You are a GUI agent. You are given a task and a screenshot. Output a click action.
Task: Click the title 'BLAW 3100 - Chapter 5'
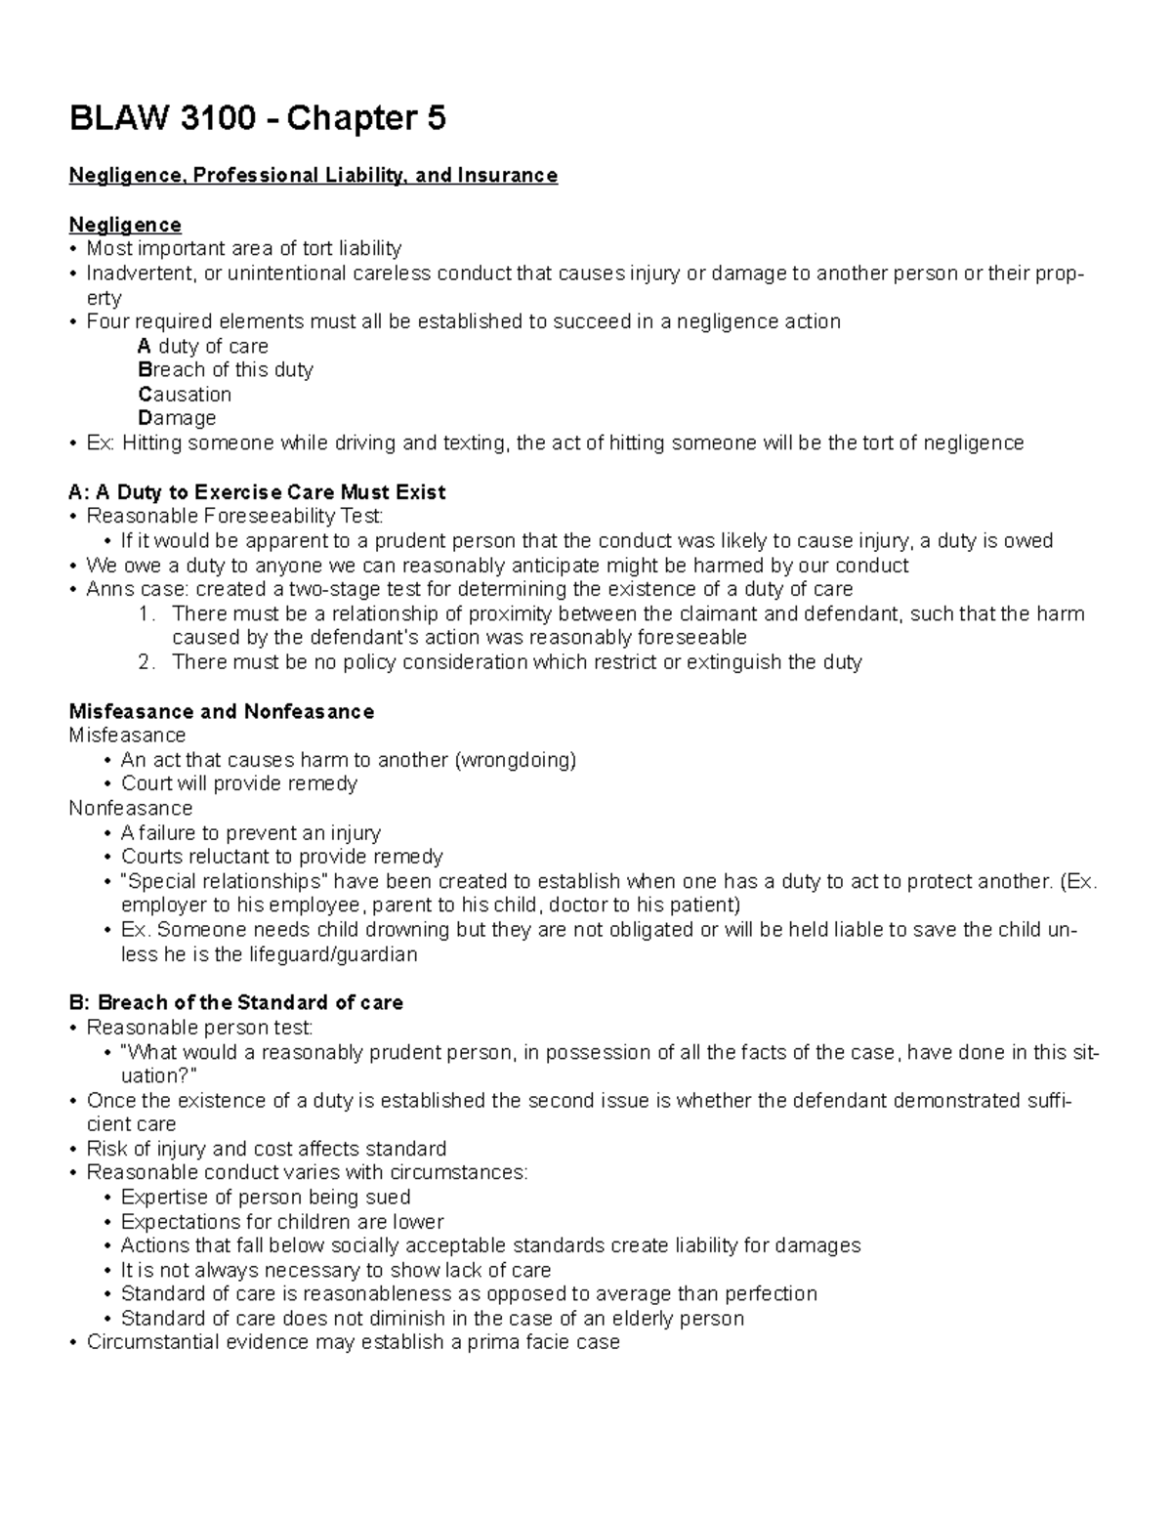[x=257, y=119]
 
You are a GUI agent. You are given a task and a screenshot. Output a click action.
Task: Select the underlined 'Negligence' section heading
[x=125, y=225]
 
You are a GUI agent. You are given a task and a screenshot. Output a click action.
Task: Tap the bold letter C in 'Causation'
[x=145, y=395]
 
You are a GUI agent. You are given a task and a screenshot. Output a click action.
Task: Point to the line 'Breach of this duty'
[x=226, y=370]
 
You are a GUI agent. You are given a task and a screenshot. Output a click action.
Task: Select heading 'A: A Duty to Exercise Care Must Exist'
[x=257, y=492]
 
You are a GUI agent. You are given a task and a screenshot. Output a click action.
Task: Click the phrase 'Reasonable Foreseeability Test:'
[x=235, y=516]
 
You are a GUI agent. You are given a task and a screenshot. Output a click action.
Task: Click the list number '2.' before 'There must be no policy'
[x=147, y=662]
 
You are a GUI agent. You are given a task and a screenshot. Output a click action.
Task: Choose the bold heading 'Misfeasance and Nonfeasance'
[x=222, y=711]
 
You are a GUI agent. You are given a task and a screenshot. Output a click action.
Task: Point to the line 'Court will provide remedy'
[x=239, y=783]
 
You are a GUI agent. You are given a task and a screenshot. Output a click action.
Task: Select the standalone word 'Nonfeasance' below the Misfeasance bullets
[x=131, y=809]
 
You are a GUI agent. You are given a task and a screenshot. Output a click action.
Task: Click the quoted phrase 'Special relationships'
[x=229, y=881]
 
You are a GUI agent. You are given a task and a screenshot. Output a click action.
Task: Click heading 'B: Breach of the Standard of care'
[x=236, y=1003]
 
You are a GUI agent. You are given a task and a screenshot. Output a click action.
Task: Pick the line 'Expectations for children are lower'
[x=282, y=1222]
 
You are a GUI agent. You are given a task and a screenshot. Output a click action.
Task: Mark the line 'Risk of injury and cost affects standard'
[x=267, y=1149]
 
